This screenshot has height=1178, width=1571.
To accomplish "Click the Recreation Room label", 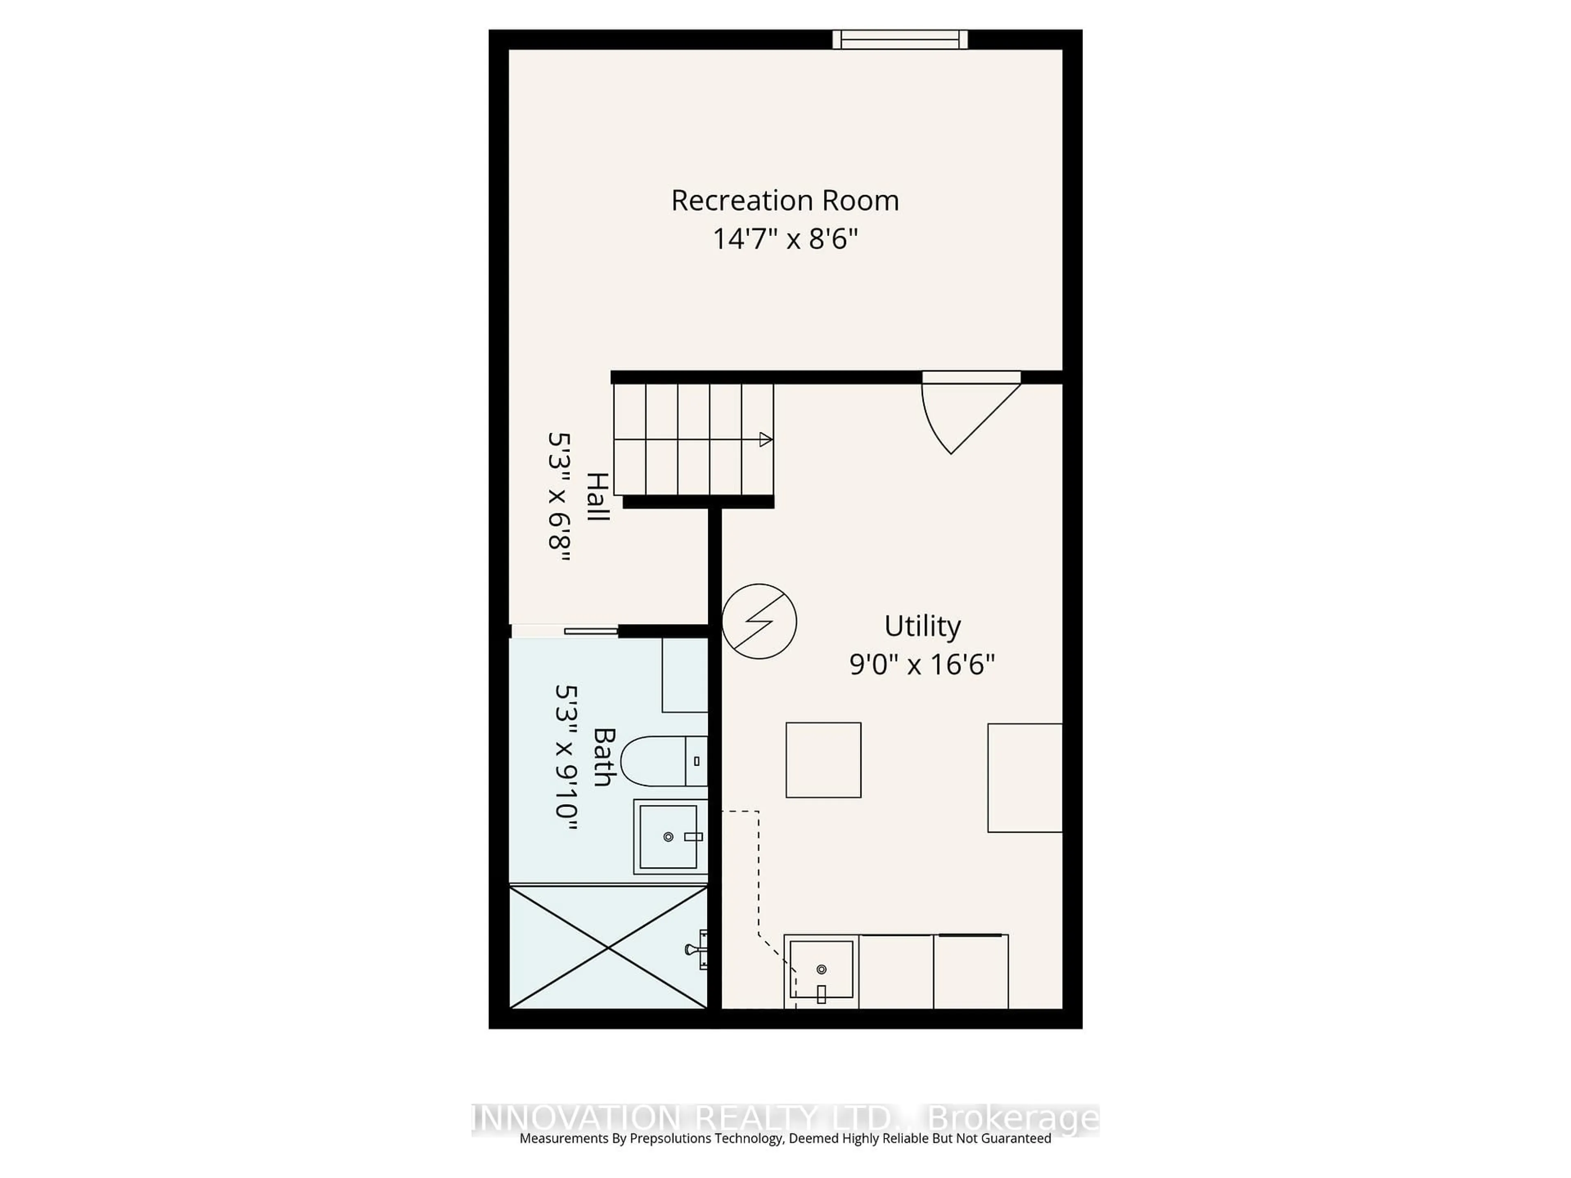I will point(785,201).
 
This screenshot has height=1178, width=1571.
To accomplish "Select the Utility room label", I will point(922,626).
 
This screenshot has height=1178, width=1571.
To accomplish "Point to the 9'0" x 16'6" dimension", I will point(922,665).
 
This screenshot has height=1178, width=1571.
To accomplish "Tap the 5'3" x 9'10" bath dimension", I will point(566,757).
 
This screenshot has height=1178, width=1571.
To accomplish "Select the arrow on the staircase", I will point(765,440).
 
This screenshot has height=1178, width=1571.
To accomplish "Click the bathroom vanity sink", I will point(668,836).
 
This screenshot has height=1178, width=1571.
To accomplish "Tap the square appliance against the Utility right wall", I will point(1024,778).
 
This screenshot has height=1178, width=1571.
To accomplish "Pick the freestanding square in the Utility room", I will point(823,760).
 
